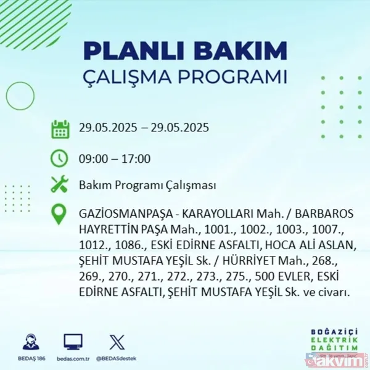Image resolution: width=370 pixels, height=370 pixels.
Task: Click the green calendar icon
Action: [x=60, y=129]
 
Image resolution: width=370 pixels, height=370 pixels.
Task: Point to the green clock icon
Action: [x=60, y=158]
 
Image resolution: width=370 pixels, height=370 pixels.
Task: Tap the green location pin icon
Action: [x=60, y=214]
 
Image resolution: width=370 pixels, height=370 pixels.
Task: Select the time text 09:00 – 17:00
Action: [x=115, y=158]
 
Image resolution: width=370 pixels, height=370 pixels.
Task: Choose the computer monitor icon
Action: [x=73, y=341]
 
